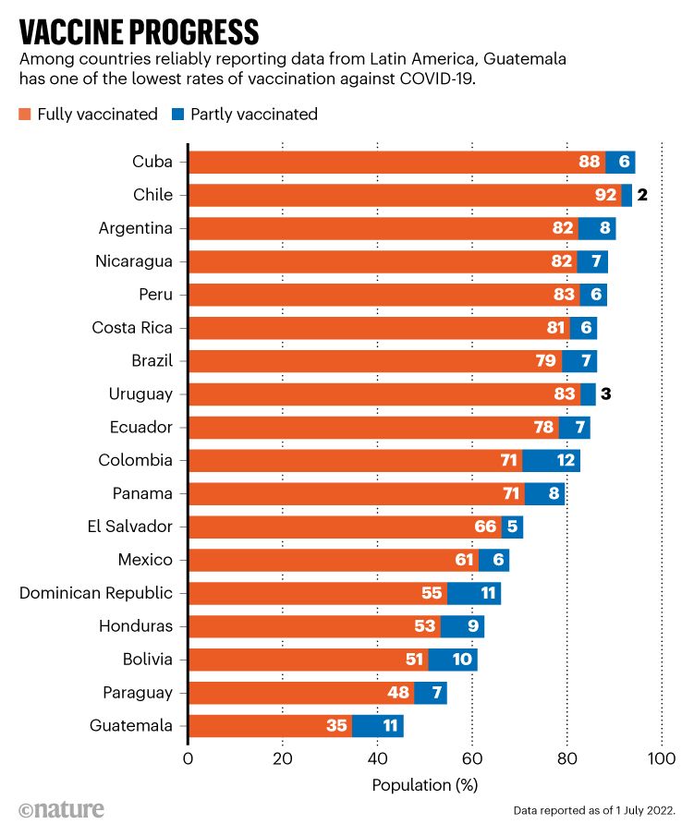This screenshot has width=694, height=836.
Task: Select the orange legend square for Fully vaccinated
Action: coord(25,115)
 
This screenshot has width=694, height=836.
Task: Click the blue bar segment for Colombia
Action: coord(551,460)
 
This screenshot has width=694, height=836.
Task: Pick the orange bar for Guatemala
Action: coord(270,726)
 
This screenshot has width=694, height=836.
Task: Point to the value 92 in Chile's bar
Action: coord(605,195)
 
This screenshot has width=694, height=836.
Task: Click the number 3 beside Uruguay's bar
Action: coord(606,394)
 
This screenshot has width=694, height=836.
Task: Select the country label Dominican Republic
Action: coord(96,593)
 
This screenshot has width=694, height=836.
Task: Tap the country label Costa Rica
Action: coord(132,328)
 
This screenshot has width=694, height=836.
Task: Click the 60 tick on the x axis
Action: coord(471,759)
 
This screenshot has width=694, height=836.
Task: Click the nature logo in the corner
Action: coord(61,809)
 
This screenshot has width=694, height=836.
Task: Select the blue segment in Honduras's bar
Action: coord(462,626)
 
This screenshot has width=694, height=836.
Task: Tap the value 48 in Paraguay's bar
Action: coord(400,693)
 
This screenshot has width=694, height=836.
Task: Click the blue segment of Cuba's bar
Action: coord(620,162)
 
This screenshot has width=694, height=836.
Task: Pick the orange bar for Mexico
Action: coord(333,560)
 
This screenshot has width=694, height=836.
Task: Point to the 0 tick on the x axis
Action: coord(189,759)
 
